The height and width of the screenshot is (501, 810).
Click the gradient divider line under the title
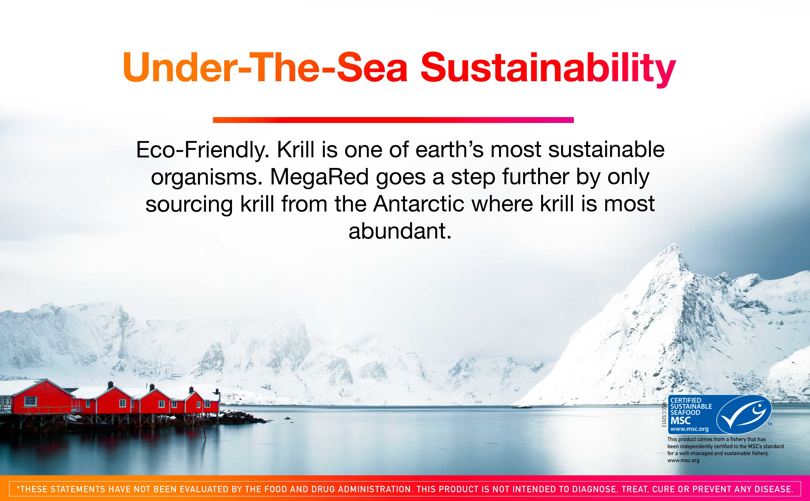click(x=393, y=120)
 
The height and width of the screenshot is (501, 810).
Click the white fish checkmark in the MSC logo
click(x=744, y=415)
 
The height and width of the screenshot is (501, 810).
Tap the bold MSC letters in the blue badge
click(x=680, y=420)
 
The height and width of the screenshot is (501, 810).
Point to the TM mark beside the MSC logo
click(x=770, y=424)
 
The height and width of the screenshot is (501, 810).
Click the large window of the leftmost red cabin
click(x=30, y=401)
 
